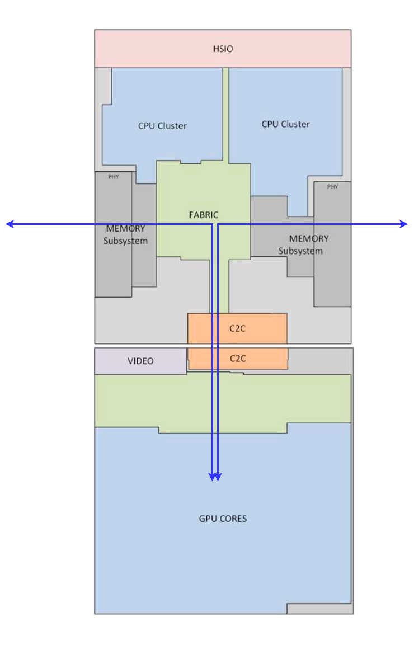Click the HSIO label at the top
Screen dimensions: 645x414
click(223, 49)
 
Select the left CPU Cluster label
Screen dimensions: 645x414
click(162, 126)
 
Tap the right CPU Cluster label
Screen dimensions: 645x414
click(285, 124)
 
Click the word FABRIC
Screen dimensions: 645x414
click(203, 215)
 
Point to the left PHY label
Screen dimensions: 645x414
click(114, 176)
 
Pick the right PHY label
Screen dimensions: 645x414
click(332, 187)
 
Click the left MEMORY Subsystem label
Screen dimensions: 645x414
click(125, 235)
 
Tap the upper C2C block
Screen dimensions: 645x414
click(237, 328)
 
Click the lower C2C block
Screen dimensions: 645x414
click(238, 358)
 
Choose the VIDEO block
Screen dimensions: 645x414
click(140, 361)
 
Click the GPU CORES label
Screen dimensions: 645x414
click(223, 519)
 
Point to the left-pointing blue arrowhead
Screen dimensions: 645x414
click(10, 224)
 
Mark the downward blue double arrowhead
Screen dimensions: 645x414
click(215, 477)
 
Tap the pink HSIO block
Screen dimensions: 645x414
click(140, 49)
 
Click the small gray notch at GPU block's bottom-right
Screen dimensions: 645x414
click(319, 609)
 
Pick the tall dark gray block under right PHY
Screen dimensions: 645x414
click(332, 252)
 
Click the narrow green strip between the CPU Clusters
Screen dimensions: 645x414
click(226, 112)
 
